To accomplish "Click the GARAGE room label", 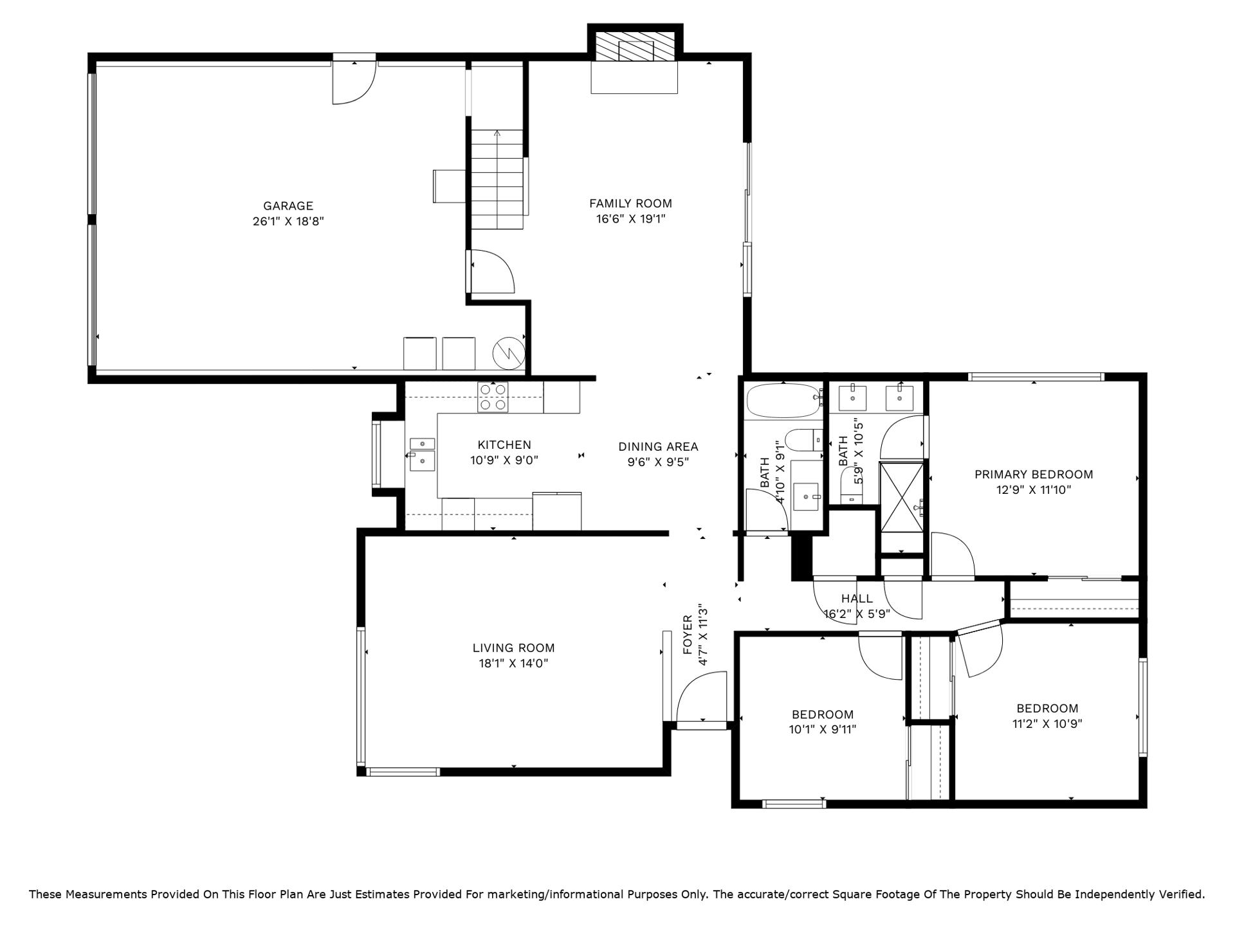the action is (x=288, y=206).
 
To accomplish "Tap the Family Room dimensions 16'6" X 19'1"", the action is (x=630, y=219).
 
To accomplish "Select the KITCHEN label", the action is (x=504, y=444).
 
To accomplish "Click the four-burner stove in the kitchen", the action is (x=493, y=397).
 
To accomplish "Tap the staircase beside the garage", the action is (x=497, y=179).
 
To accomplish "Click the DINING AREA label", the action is (x=658, y=446).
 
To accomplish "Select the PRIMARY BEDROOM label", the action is (x=1034, y=475).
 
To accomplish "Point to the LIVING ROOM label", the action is (x=513, y=648).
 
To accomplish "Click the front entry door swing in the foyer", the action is (x=702, y=698).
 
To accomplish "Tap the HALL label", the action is (x=857, y=599).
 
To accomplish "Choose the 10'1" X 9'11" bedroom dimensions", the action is (x=823, y=729).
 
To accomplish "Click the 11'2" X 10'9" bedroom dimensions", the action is (x=1047, y=723).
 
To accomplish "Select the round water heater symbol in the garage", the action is (x=509, y=353).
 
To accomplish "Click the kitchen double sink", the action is (x=422, y=455).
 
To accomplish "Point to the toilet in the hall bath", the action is (x=805, y=440).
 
